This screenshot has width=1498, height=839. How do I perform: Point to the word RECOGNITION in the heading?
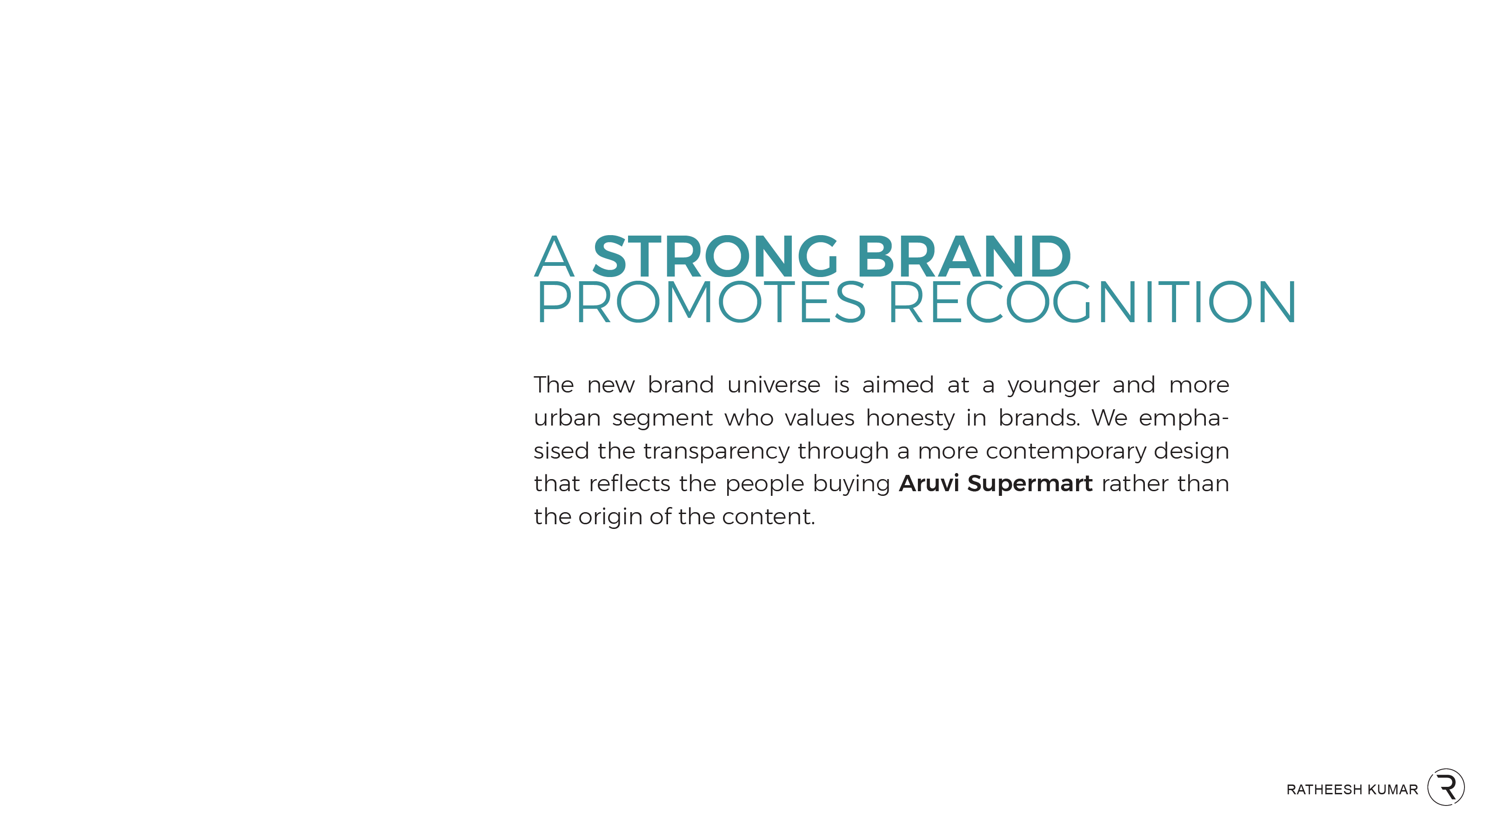(1093, 302)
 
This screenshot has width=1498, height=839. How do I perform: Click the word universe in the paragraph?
(773, 385)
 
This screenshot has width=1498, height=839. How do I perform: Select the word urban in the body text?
(567, 418)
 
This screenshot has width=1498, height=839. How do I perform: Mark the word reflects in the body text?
(629, 483)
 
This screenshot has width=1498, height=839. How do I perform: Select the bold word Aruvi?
(929, 483)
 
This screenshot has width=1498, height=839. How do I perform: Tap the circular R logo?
(1446, 787)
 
